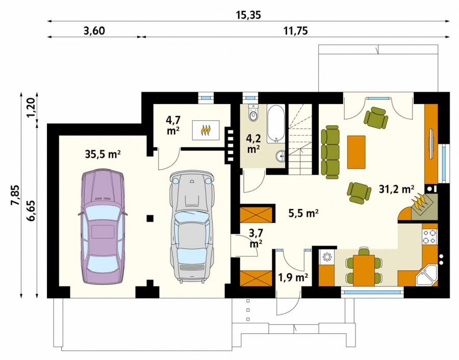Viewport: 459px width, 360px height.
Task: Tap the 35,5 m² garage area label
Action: (x=103, y=154)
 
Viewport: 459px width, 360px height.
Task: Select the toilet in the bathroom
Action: (x=253, y=113)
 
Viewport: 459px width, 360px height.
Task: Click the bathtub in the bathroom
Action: (x=275, y=124)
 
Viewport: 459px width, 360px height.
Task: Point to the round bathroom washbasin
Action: (x=282, y=156)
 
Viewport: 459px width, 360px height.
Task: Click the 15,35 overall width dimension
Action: (x=248, y=15)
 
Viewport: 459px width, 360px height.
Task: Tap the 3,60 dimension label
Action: (x=94, y=31)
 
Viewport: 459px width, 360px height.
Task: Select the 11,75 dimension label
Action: (x=296, y=31)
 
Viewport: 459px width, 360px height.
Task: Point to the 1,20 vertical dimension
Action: (x=31, y=108)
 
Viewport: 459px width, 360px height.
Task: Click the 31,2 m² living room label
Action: (x=397, y=189)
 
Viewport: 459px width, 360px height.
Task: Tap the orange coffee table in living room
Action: (x=356, y=152)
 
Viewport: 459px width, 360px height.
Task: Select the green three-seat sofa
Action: (x=330, y=152)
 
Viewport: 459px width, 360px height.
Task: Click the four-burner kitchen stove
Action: (x=429, y=237)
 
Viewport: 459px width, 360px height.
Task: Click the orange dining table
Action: (x=364, y=270)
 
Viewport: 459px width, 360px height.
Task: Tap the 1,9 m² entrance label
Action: (x=293, y=277)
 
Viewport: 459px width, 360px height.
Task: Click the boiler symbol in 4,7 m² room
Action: (x=206, y=130)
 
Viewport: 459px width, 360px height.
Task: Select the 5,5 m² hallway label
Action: (x=303, y=214)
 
